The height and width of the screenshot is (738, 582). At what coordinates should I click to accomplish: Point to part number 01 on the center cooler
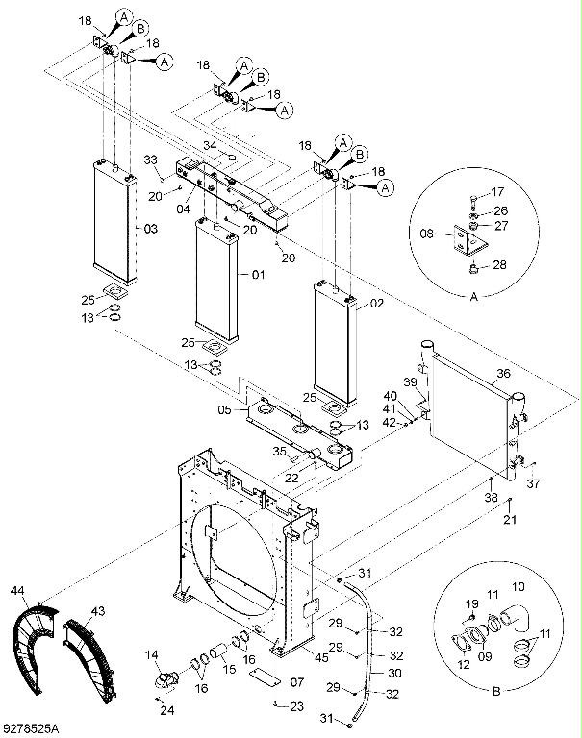pyautogui.click(x=258, y=276)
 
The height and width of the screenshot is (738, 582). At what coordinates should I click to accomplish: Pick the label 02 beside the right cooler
pyautogui.click(x=377, y=304)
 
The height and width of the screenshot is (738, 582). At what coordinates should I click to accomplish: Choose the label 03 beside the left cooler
pyautogui.click(x=150, y=229)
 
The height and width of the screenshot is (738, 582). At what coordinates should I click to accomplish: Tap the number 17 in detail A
pyautogui.click(x=497, y=192)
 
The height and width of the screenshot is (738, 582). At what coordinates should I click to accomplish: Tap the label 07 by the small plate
pyautogui.click(x=295, y=682)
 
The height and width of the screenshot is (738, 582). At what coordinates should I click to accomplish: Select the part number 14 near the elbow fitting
pyautogui.click(x=152, y=655)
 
